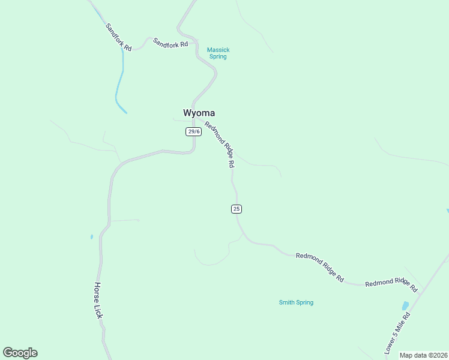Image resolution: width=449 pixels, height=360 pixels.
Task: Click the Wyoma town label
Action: (199, 113)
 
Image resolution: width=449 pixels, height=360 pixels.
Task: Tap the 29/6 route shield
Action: (193, 131)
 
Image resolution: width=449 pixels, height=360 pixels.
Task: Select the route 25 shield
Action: (237, 209)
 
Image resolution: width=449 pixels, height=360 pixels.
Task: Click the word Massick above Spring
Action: (218, 50)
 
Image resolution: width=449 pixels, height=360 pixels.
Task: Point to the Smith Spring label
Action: (296, 302)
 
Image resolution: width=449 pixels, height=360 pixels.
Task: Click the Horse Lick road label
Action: (98, 300)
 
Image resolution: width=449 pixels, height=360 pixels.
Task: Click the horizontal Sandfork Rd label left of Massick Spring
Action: (170, 43)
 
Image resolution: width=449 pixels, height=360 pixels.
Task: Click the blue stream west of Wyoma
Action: (120, 84)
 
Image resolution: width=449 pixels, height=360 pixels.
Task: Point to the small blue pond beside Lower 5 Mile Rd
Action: (405, 305)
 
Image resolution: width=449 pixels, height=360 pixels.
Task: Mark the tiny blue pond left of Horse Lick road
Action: (91, 237)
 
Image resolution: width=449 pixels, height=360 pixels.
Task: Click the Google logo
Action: (20, 353)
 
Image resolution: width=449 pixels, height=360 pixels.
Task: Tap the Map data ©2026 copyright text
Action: (424, 355)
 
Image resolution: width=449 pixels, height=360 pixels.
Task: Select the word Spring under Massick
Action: (218, 57)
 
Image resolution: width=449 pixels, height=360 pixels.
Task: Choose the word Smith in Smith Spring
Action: (287, 302)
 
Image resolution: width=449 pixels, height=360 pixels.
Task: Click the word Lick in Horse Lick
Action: (98, 311)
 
